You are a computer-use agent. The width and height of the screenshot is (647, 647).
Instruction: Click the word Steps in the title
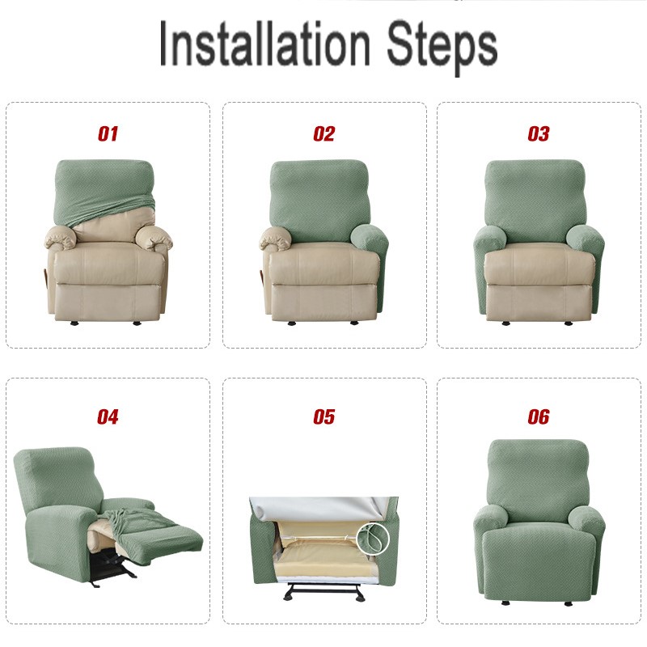coord(441,44)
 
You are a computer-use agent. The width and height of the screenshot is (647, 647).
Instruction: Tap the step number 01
coord(108,134)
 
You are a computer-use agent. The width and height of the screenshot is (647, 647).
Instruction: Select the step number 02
coord(323,134)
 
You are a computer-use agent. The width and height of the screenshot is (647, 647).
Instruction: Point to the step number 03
coord(539,134)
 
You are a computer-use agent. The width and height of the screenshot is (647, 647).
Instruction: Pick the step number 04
coord(108,417)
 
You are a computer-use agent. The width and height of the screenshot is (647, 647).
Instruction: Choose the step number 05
coord(323,417)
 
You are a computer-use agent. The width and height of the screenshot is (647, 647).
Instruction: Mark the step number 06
coord(539,417)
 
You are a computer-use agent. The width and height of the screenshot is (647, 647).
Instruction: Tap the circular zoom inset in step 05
coord(373,536)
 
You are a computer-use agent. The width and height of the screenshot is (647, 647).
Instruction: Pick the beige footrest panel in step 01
coord(108,301)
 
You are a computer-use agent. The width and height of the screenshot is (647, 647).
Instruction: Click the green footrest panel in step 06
coord(539,570)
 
